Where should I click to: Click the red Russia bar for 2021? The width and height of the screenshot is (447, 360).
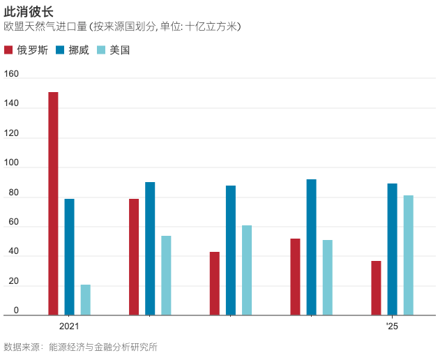point(53,204)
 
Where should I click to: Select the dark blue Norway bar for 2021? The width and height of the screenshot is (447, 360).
point(69,257)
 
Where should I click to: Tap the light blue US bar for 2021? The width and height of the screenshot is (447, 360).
point(85,300)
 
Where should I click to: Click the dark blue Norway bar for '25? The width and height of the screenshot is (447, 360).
point(392,249)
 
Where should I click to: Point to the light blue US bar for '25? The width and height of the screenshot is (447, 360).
point(408,255)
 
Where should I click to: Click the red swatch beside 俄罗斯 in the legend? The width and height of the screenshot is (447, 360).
point(8,50)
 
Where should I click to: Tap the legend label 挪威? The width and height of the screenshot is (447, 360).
point(79,50)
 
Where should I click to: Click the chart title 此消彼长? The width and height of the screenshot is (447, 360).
point(28,12)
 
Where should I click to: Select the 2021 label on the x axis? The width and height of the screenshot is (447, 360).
point(69,327)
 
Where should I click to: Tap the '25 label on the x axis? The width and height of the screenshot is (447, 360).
point(392,327)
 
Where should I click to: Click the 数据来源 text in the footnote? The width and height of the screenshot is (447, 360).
point(20,347)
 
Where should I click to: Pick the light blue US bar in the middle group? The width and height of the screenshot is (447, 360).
point(247,271)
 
